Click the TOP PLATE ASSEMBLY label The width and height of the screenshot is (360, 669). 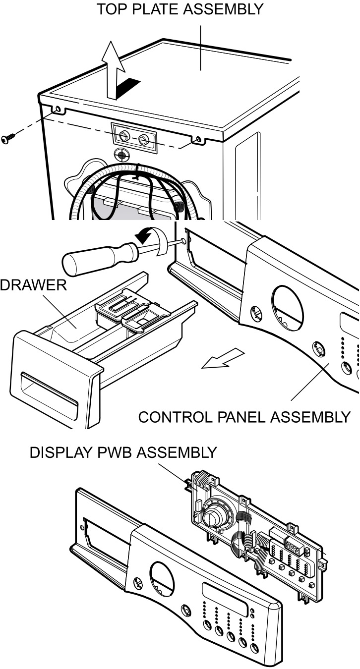(x=180, y=9)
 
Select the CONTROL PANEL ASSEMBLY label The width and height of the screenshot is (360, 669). (x=244, y=416)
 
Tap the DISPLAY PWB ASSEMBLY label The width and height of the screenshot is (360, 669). (x=123, y=452)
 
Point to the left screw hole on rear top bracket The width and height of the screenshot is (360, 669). (x=59, y=109)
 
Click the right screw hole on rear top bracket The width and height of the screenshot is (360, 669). (x=199, y=139)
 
